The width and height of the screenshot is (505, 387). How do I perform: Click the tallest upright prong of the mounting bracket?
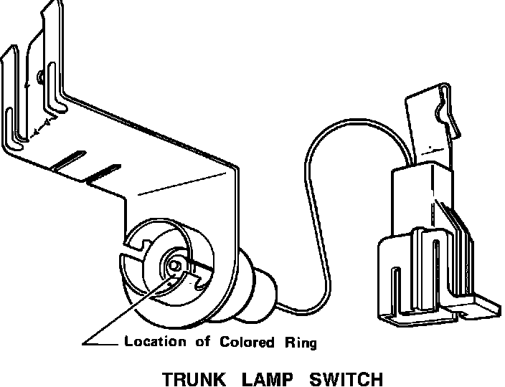[x=50, y=57]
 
